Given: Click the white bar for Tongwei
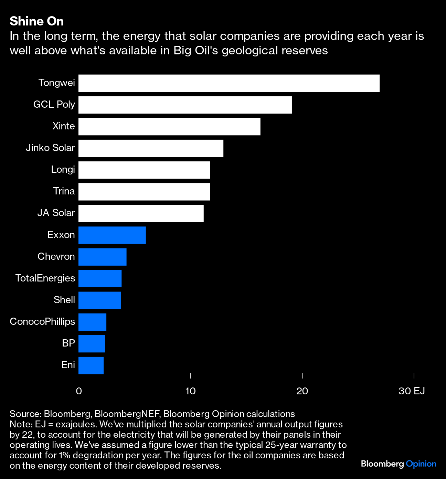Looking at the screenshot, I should click(x=229, y=83).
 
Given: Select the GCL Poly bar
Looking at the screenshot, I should click(x=185, y=105).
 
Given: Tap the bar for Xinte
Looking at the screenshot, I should click(x=169, y=127).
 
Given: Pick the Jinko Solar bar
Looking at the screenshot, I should click(x=151, y=148).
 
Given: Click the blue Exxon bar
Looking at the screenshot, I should click(x=112, y=235).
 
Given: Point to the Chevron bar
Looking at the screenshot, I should click(x=102, y=257).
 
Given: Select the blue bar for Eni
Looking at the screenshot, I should click(x=91, y=365).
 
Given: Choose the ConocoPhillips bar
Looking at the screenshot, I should click(x=92, y=322).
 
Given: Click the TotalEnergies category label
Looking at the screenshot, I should click(x=45, y=278).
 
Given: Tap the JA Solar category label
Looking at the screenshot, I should click(x=56, y=213).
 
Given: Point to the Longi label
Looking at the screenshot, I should click(x=63, y=169).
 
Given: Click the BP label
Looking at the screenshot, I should click(x=68, y=343).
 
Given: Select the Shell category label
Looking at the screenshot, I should click(x=64, y=300).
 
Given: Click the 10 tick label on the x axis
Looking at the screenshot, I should click(x=190, y=391).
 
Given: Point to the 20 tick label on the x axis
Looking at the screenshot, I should click(x=302, y=391).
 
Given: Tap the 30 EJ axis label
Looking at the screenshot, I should click(x=412, y=391).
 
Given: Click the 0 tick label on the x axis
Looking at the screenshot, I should click(x=79, y=391).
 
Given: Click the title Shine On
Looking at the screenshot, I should click(x=37, y=21).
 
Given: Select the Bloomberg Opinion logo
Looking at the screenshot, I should click(x=399, y=464).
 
